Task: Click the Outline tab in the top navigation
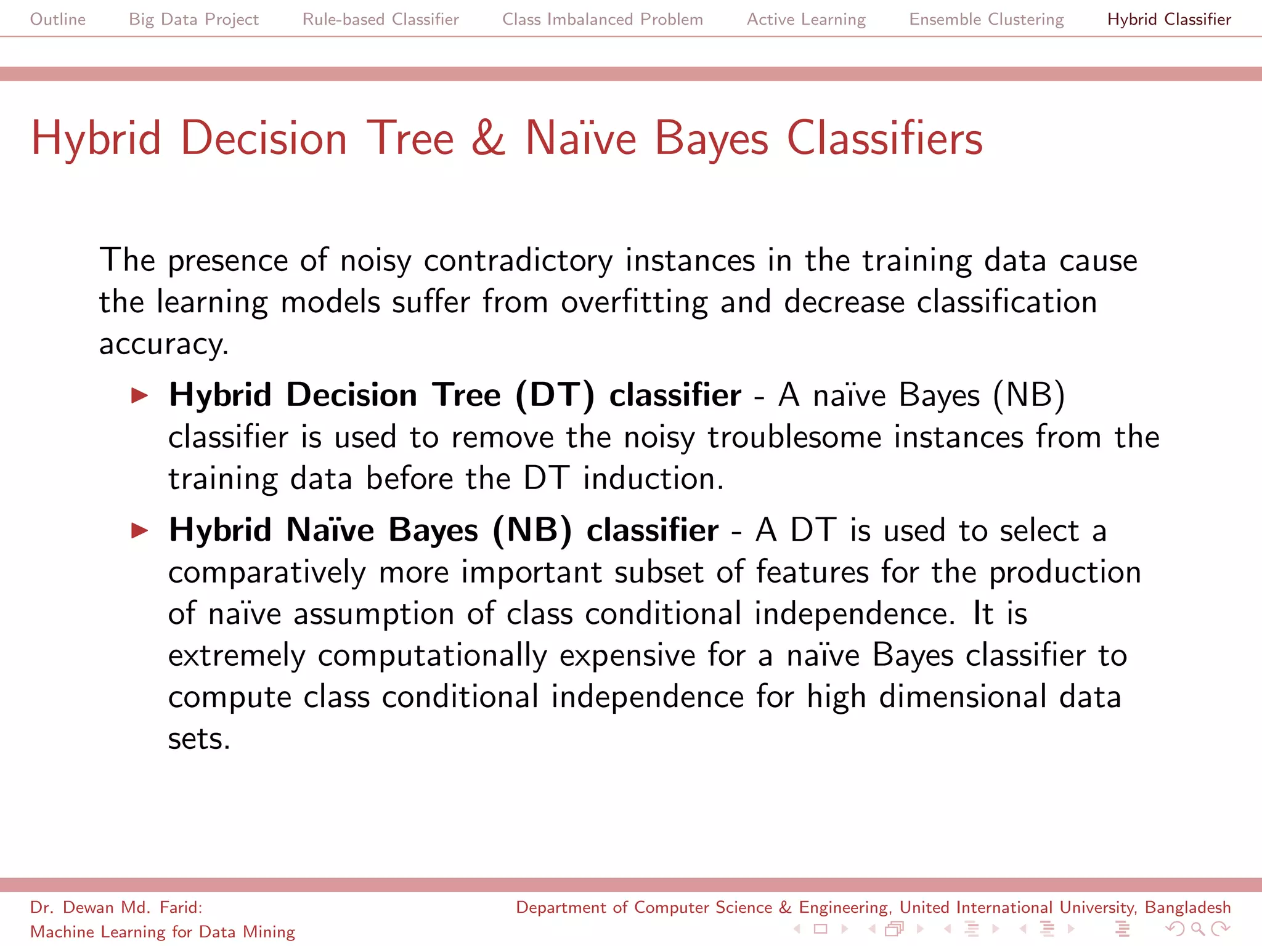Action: [x=58, y=19]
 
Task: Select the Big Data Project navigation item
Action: [x=193, y=19]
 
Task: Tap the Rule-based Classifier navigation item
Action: [x=380, y=19]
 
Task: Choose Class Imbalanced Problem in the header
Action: [x=602, y=19]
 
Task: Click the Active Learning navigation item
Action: [x=806, y=19]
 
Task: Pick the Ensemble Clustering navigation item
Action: [x=986, y=19]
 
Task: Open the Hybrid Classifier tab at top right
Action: [x=1169, y=19]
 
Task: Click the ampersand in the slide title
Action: [x=489, y=138]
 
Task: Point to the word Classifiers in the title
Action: [x=884, y=138]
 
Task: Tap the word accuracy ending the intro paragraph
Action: [x=163, y=344]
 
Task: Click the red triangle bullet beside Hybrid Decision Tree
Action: [x=140, y=395]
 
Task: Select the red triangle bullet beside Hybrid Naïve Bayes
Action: [x=140, y=530]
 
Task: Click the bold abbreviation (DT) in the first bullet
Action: [x=555, y=395]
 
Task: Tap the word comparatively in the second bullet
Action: [x=267, y=573]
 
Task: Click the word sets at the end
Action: [x=198, y=738]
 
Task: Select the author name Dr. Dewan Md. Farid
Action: [x=116, y=907]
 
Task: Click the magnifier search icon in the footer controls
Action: [x=1197, y=928]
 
